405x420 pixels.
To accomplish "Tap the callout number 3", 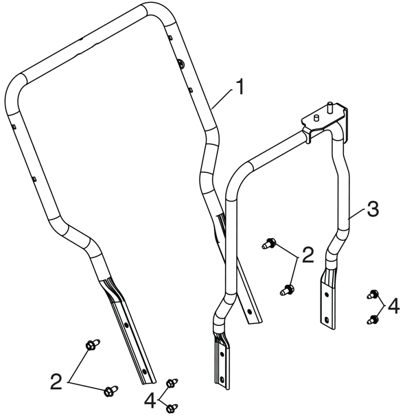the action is (x=373, y=209).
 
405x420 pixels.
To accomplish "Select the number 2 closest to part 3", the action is (x=308, y=255).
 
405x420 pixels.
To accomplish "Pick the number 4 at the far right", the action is (x=393, y=307).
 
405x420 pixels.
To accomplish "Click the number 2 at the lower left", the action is (x=56, y=382).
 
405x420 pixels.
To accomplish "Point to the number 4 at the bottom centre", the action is (x=150, y=401).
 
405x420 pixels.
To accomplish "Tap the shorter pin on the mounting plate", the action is (x=316, y=117).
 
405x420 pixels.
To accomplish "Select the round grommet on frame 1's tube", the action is (x=182, y=63).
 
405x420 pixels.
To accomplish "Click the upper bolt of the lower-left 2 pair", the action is (x=93, y=345).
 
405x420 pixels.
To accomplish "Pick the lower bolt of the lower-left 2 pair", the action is (x=111, y=390).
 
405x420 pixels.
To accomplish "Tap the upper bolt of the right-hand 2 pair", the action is (x=268, y=243).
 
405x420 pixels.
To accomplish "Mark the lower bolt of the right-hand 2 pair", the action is (x=287, y=290).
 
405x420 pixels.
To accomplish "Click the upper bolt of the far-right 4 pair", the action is (x=373, y=294).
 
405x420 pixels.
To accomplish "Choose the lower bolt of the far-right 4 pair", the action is (x=373, y=320).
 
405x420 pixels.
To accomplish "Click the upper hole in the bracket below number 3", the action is (x=326, y=295).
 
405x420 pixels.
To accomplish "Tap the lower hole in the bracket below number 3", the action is (x=326, y=320).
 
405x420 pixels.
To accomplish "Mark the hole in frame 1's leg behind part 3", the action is (x=250, y=312).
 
